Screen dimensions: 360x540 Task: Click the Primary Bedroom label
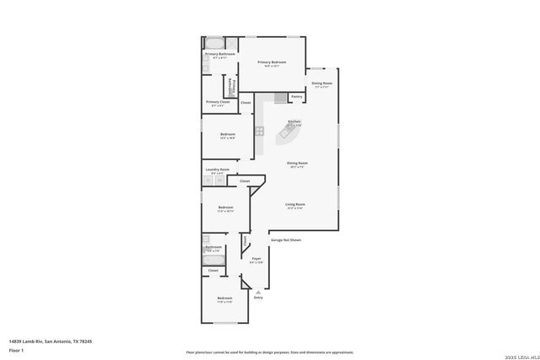click(x=272, y=62)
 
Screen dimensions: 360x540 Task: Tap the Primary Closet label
click(x=218, y=102)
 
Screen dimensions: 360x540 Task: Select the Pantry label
click(x=296, y=97)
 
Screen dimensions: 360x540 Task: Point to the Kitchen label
click(x=294, y=122)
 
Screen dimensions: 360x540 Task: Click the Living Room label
click(x=294, y=204)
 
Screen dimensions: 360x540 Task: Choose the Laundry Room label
click(x=217, y=169)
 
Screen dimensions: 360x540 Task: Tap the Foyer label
click(x=256, y=259)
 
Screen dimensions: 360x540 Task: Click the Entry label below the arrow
click(x=258, y=298)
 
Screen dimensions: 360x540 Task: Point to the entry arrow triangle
click(x=258, y=291)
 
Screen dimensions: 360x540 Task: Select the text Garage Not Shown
click(x=285, y=239)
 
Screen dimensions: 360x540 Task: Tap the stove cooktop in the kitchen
click(x=260, y=131)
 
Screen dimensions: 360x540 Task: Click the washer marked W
click(x=220, y=180)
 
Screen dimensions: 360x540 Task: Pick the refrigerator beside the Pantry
click(x=281, y=99)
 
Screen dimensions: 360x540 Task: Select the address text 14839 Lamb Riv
click(x=51, y=341)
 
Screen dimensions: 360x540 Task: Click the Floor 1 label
click(x=16, y=350)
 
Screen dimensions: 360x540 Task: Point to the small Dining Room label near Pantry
click(x=321, y=83)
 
